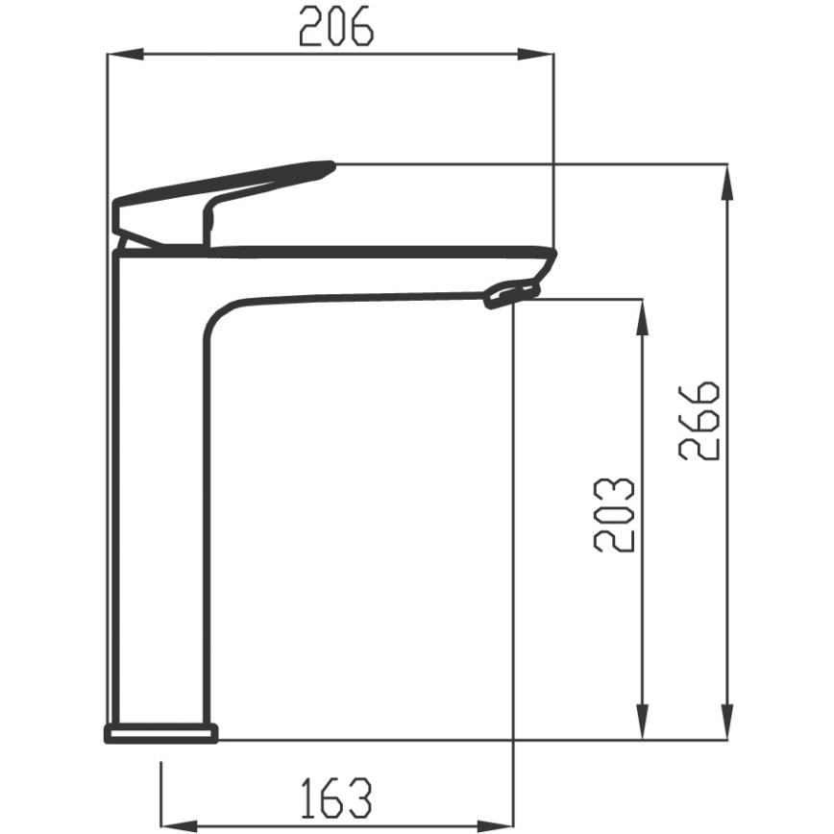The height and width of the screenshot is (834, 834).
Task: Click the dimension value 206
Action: pos(335,26)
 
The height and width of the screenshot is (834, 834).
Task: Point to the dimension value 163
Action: pos(335,797)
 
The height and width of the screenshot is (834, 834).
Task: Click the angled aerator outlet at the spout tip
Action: pos(511,292)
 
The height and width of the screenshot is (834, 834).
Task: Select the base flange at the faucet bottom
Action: pos(161,734)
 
